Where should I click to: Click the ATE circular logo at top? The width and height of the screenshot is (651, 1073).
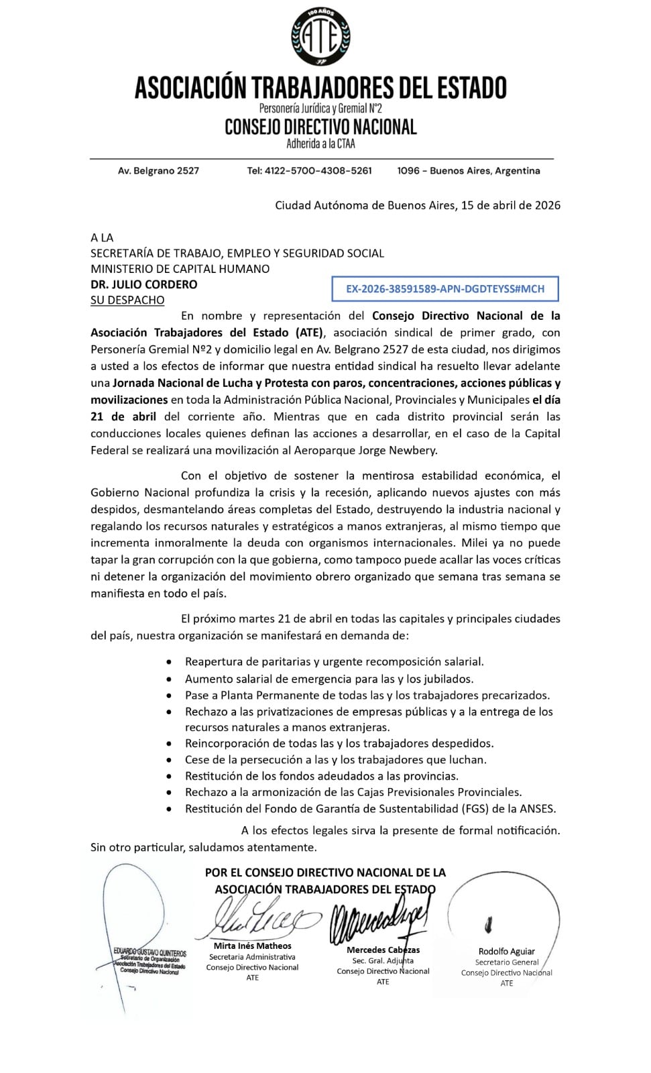click(320, 38)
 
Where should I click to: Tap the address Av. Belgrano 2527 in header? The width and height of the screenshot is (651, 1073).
click(158, 171)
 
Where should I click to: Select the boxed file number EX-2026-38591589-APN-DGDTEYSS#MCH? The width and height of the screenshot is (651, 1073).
click(445, 289)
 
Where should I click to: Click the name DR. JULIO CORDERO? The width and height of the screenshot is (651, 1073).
click(143, 284)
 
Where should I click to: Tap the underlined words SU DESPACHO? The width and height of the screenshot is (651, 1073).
click(127, 300)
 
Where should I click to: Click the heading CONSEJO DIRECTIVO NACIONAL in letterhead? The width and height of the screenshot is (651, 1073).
click(320, 127)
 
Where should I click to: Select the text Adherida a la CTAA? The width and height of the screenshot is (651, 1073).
click(320, 144)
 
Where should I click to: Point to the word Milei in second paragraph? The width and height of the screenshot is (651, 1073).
click(475, 543)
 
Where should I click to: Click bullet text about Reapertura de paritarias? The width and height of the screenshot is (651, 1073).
click(334, 661)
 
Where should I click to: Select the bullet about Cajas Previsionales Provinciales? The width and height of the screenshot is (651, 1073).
click(353, 792)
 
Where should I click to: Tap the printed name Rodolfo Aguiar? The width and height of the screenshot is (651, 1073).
click(506, 951)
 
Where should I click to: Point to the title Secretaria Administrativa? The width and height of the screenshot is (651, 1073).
click(252, 957)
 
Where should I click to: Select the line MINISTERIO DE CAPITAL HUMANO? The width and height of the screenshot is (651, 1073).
click(180, 269)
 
